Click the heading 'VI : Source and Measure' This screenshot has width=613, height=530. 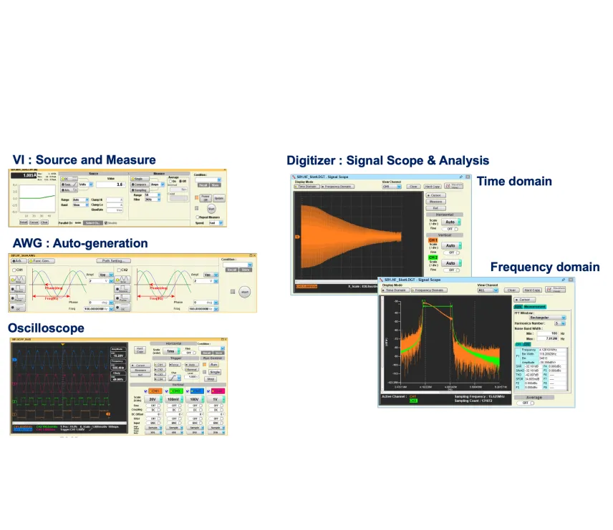pyautogui.click(x=84, y=160)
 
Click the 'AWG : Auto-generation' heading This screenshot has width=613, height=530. pyautogui.click(x=80, y=243)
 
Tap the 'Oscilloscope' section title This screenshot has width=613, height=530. pyautogui.click(x=46, y=328)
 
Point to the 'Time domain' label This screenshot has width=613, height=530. pyautogui.click(x=514, y=181)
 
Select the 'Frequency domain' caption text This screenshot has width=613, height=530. pyautogui.click(x=545, y=267)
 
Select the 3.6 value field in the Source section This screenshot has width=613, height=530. pyautogui.click(x=110, y=184)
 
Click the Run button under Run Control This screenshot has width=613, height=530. pyautogui.click(x=213, y=365)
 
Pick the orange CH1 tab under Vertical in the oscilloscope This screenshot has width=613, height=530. pyautogui.click(x=155, y=391)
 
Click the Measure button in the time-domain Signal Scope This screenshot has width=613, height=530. pyautogui.click(x=435, y=202)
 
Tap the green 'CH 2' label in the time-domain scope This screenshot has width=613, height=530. pyautogui.click(x=433, y=256)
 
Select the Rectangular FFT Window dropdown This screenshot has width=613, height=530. pyautogui.click(x=542, y=317)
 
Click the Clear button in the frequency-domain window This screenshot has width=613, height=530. pyautogui.click(x=511, y=290)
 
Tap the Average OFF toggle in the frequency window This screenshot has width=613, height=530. pyautogui.click(x=528, y=403)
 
